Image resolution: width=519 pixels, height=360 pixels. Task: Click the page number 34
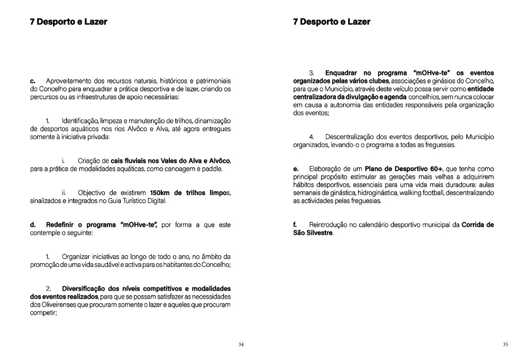pyautogui.click(x=241, y=345)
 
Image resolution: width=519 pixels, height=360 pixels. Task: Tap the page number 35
pyautogui.click(x=505, y=345)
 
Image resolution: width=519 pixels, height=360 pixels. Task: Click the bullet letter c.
pyautogui.click(x=32, y=80)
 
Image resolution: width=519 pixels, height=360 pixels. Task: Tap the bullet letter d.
pyautogui.click(x=32, y=225)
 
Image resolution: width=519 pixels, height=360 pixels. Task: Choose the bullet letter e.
pyautogui.click(x=296, y=169)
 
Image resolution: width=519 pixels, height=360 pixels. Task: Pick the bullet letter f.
pyautogui.click(x=295, y=225)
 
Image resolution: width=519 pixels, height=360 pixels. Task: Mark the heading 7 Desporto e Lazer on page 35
pyautogui.click(x=331, y=22)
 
